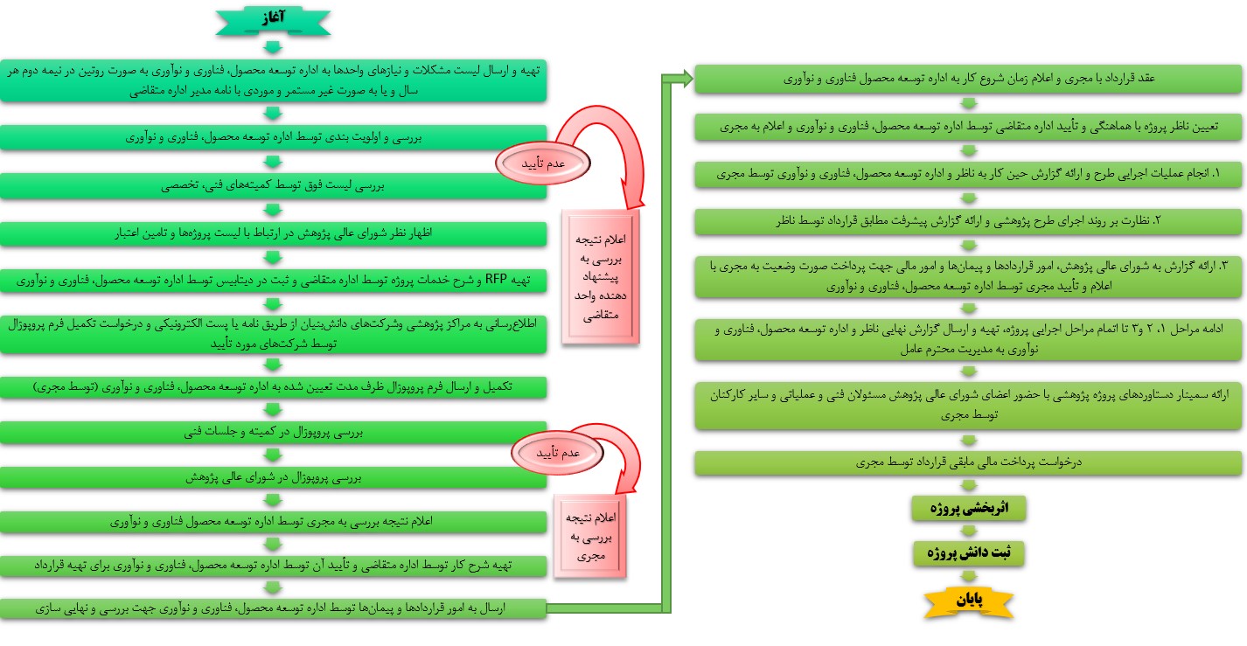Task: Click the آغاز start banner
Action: pyautogui.click(x=273, y=19)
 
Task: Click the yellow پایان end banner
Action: pyautogui.click(x=967, y=601)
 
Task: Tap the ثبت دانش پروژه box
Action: pyautogui.click(x=967, y=553)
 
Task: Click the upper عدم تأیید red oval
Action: pyautogui.click(x=542, y=161)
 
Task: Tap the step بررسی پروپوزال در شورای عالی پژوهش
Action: pyautogui.click(x=273, y=478)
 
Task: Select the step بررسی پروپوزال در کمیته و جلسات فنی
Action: pyautogui.click(x=273, y=432)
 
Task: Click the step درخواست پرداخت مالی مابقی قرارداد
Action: pyautogui.click(x=967, y=463)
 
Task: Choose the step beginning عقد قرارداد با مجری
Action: pyautogui.click(x=967, y=80)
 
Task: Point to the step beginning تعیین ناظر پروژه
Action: pyautogui.click(x=967, y=127)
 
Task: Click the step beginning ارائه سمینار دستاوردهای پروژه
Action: pyautogui.click(x=967, y=405)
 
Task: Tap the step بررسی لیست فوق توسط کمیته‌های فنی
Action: pyautogui.click(x=273, y=185)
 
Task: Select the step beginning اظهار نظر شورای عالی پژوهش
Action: pyautogui.click(x=273, y=233)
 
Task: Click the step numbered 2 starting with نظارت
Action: pyautogui.click(x=967, y=220)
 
